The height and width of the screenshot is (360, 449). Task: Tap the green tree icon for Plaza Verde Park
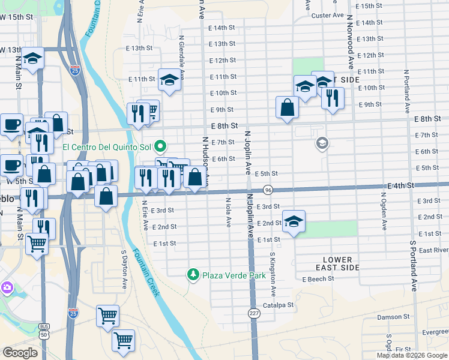(193, 275)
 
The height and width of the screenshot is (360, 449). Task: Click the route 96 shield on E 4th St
(268, 190)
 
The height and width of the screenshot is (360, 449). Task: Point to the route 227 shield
(254, 313)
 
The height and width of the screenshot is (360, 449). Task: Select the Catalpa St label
(277, 305)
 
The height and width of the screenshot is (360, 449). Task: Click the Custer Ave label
(328, 15)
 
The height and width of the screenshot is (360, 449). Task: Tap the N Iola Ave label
(228, 212)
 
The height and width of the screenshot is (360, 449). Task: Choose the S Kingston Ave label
(272, 274)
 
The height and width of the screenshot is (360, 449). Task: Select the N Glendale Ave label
(181, 52)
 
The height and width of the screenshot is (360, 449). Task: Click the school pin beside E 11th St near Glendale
(170, 80)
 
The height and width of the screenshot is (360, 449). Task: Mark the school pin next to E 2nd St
(294, 223)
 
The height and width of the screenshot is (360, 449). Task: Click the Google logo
(20, 353)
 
